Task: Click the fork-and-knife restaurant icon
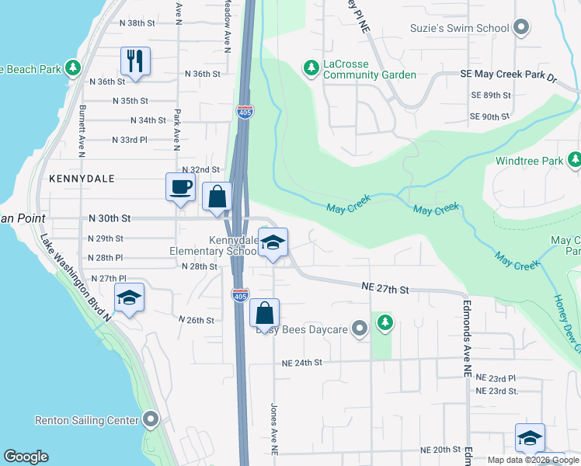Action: (x=136, y=61)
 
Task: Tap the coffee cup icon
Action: (x=180, y=187)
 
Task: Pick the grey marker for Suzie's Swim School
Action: (x=522, y=29)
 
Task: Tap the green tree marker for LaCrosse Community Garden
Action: (x=311, y=68)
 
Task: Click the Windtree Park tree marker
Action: (x=574, y=161)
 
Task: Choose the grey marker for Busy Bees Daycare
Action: (x=359, y=329)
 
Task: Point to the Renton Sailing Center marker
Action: (x=151, y=420)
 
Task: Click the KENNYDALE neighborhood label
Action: (x=82, y=179)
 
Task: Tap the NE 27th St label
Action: (x=384, y=288)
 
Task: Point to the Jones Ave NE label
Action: (x=273, y=429)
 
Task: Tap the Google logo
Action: (x=26, y=457)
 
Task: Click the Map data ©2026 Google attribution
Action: (x=532, y=460)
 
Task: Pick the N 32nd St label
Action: (x=200, y=169)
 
